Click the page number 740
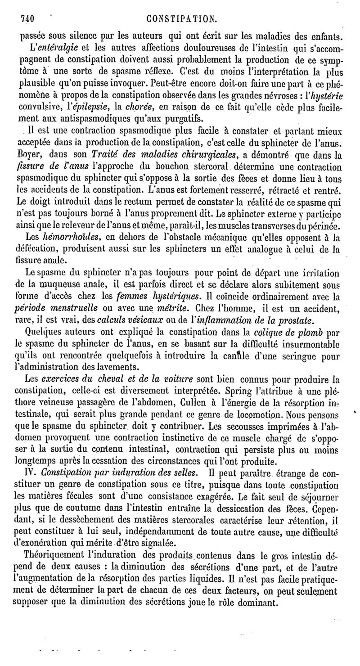tap(28, 18)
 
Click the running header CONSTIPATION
tap(185, 18)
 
